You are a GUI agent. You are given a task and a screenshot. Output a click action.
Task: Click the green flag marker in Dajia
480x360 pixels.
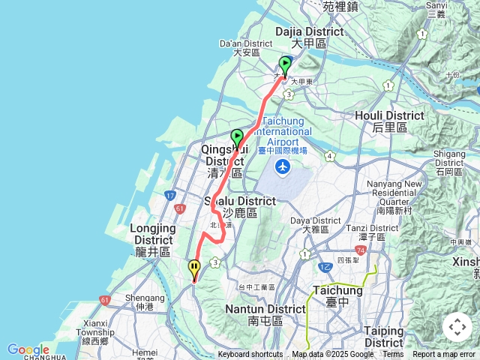(285, 64)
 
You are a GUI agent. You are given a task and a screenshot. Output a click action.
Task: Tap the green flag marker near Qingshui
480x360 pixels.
(237, 137)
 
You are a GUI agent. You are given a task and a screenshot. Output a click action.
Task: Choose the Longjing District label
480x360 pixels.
(153, 233)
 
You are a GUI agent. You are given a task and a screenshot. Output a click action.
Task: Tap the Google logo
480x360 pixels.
(28, 350)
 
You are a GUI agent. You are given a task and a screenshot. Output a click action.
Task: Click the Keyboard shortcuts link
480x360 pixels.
(250, 355)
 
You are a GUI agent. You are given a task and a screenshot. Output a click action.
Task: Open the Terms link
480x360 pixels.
(393, 355)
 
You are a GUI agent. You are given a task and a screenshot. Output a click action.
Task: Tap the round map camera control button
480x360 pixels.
(457, 327)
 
